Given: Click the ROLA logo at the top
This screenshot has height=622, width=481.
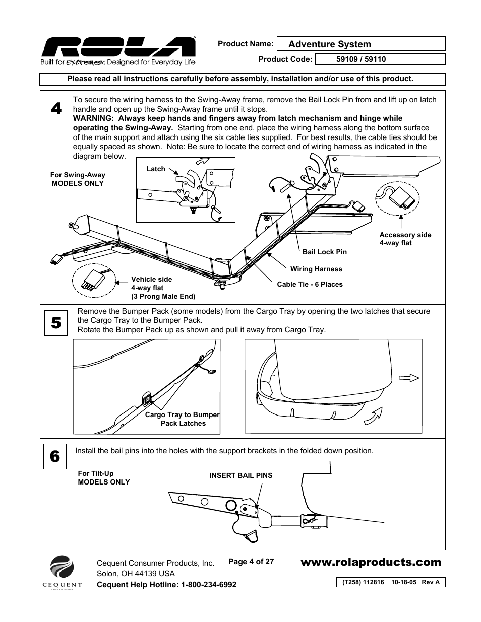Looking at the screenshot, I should click(118, 48).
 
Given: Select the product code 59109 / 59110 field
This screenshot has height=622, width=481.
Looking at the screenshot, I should click(380, 59).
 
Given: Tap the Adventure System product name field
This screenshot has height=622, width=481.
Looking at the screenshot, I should click(361, 44).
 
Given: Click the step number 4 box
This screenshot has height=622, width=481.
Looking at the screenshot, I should click(56, 108).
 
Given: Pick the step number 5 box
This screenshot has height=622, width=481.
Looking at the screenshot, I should click(56, 323).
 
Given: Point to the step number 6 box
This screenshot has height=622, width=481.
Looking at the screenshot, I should click(55, 457).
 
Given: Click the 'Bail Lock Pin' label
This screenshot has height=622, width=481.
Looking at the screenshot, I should click(325, 252).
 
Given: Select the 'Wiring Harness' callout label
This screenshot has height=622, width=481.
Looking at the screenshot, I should click(316, 269).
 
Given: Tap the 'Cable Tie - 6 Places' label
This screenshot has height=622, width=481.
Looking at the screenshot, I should click(310, 284).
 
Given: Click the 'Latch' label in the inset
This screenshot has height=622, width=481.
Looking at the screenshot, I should click(156, 169).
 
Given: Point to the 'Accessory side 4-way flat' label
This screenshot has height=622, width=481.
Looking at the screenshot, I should click(405, 239).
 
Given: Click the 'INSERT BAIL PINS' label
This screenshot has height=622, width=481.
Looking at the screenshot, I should click(241, 475).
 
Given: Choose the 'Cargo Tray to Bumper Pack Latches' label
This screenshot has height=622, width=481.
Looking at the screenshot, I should click(183, 419).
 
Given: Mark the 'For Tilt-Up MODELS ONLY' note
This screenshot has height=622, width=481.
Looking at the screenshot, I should click(103, 478).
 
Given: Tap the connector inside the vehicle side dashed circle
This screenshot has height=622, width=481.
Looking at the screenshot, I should click(91, 281).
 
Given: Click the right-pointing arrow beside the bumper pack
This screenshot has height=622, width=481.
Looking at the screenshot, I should click(409, 378).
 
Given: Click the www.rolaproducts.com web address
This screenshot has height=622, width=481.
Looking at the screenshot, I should click(371, 562).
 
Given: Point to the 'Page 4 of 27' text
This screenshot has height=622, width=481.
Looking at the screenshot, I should click(251, 561).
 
